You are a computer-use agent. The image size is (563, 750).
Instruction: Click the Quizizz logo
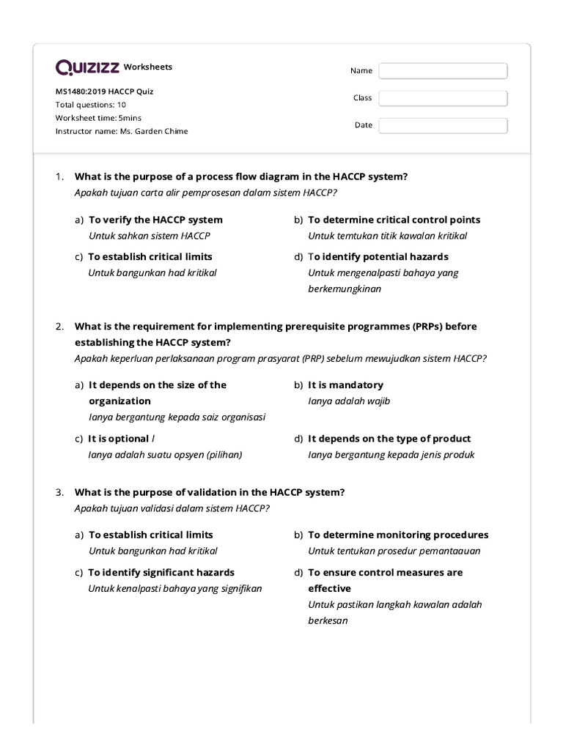tap(87, 67)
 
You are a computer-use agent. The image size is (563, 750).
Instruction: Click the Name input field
tap(443, 70)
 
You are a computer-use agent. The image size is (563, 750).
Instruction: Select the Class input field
tap(443, 98)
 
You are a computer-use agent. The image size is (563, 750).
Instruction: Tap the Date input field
tap(443, 125)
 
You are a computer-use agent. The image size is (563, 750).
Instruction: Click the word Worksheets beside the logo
tap(148, 67)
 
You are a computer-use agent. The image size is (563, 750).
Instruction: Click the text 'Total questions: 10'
tap(90, 105)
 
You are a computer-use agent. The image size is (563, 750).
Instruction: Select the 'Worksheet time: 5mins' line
tap(98, 118)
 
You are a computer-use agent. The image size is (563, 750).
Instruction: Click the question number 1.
tap(60, 177)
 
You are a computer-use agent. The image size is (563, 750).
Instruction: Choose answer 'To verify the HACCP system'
tap(155, 220)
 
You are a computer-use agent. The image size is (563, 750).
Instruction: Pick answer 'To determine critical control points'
tap(394, 220)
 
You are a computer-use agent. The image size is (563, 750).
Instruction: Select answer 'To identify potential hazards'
tap(378, 257)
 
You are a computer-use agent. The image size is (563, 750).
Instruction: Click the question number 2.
tap(60, 327)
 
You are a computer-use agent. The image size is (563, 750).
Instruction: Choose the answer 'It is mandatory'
tap(345, 385)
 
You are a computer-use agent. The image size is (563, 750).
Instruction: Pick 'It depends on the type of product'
tap(389, 439)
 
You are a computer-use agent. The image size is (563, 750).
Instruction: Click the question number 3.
tap(60, 491)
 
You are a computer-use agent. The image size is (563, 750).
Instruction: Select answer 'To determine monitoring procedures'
tap(397, 535)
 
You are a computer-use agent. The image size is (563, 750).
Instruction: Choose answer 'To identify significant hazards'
tap(161, 572)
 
